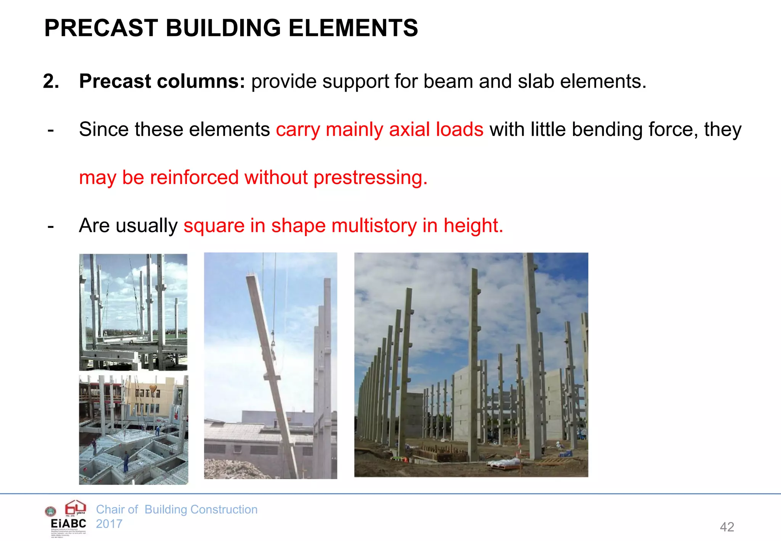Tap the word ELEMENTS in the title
[353, 28]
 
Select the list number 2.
[51, 81]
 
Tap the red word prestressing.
[370, 178]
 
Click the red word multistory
[374, 225]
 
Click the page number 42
[727, 527]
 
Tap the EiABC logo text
[69, 523]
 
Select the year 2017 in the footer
[109, 524]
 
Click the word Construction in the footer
[224, 509]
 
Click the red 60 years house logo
[75, 508]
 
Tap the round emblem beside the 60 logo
[51, 511]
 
